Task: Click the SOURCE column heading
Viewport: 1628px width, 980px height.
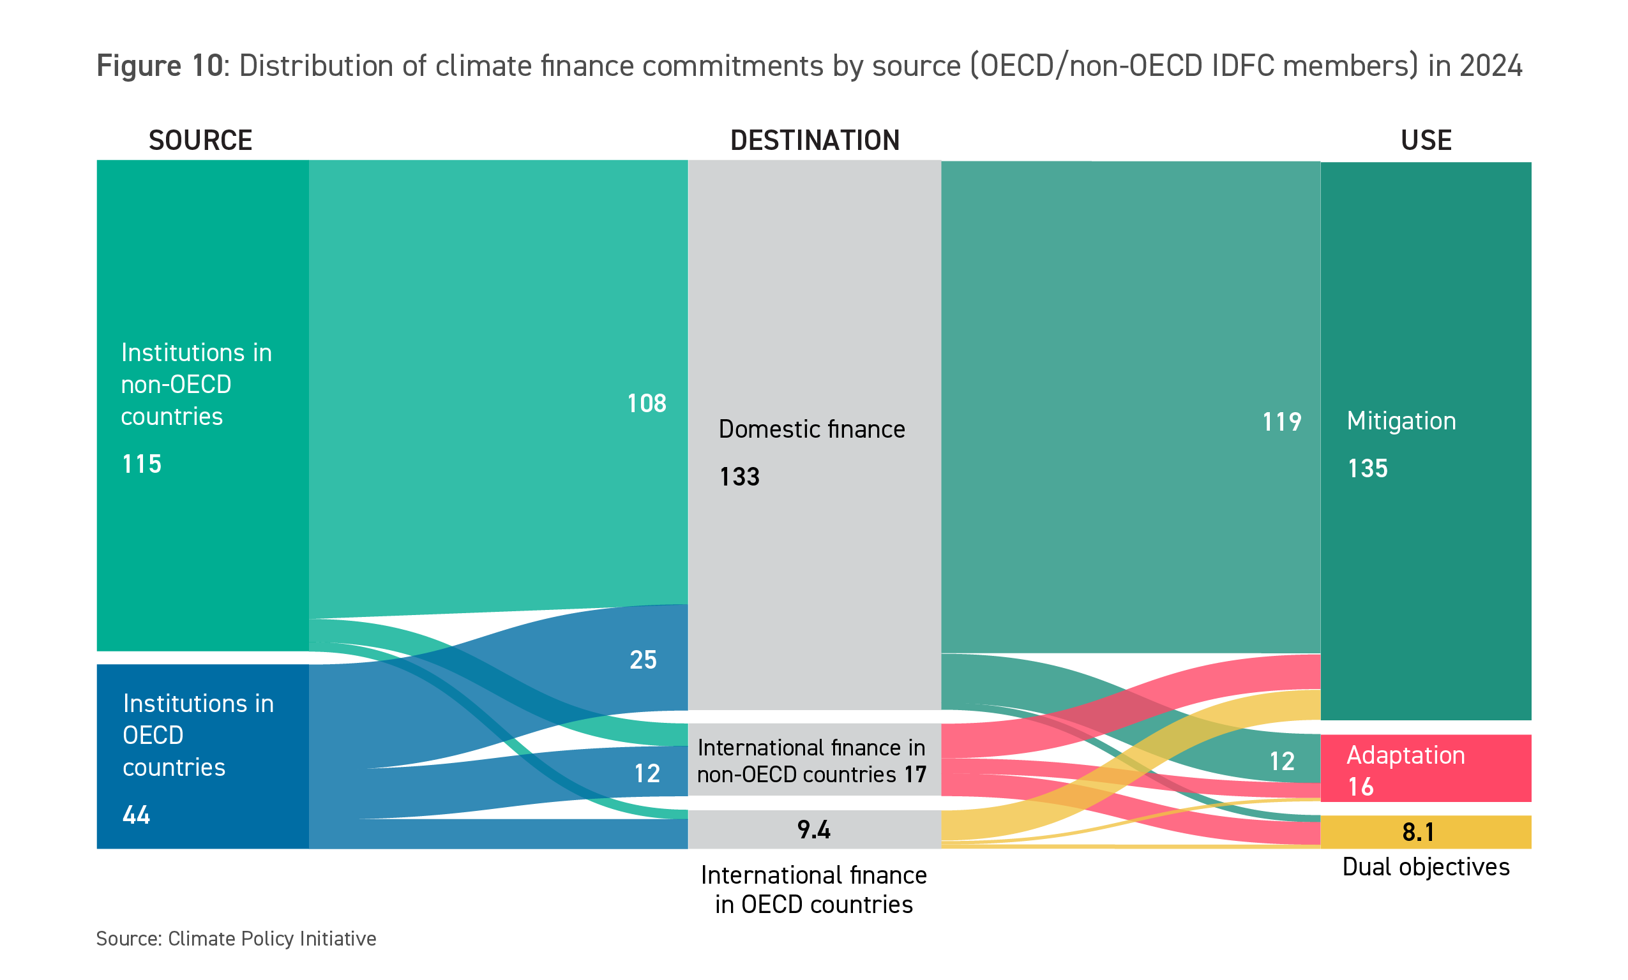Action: point(200,140)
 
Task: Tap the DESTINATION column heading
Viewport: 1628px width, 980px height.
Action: point(815,140)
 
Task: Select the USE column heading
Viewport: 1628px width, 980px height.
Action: point(1426,140)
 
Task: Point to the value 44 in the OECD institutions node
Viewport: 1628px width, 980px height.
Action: point(137,815)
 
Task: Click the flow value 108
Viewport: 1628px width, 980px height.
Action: point(646,403)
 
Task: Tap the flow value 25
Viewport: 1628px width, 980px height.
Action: point(643,660)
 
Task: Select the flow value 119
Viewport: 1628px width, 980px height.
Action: point(1281,422)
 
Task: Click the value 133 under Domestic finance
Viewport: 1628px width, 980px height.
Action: point(739,477)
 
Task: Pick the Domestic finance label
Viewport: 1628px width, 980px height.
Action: point(811,429)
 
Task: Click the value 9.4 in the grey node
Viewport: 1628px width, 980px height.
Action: point(813,829)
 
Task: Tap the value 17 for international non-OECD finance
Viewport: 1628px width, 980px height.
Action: point(915,774)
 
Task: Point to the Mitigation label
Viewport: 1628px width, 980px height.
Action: point(1401,420)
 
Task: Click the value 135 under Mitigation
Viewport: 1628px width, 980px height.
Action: point(1368,468)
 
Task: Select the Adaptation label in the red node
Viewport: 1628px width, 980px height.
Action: point(1405,755)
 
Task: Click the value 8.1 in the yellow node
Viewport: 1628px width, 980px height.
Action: point(1418,832)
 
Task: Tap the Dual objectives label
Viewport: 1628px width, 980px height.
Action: point(1426,866)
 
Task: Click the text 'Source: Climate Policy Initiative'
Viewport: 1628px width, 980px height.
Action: point(236,939)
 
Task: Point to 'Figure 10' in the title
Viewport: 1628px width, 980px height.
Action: point(160,66)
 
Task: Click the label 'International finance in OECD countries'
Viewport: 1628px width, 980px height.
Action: point(813,889)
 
